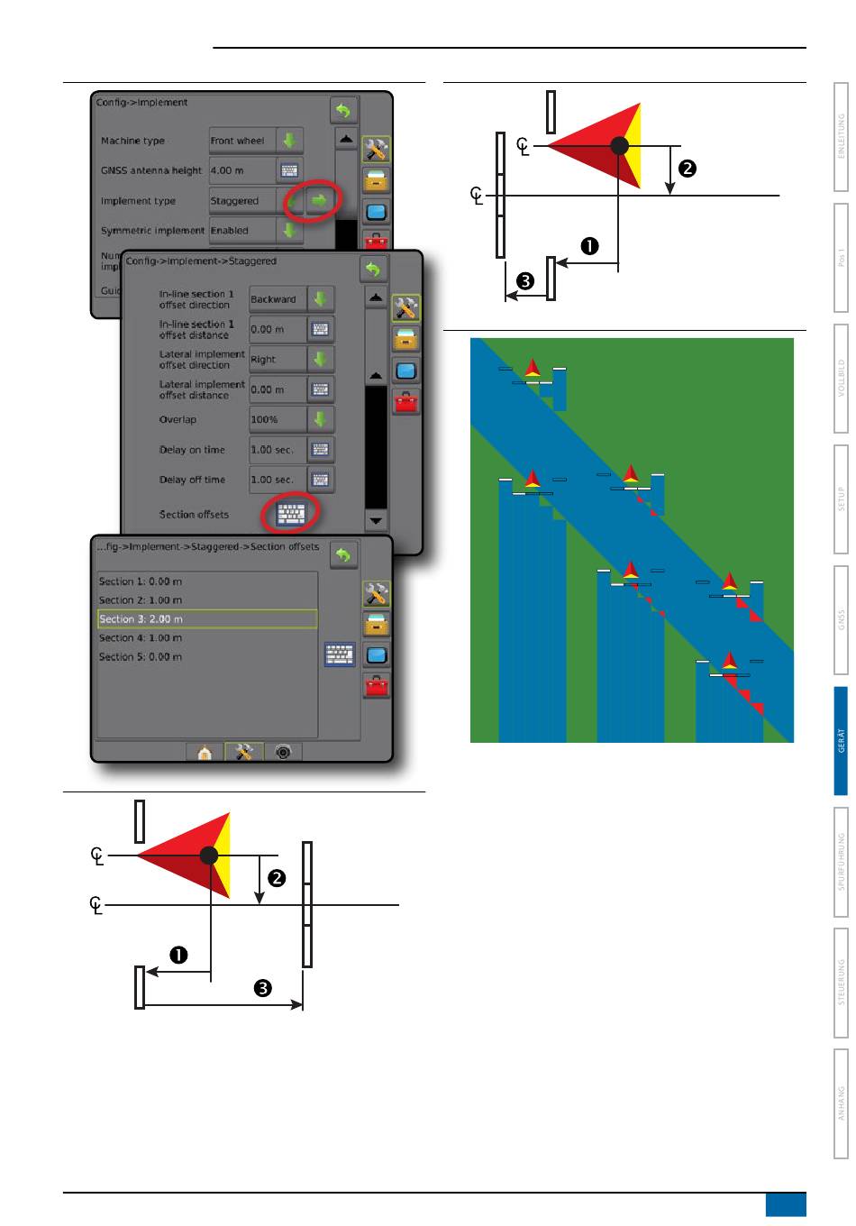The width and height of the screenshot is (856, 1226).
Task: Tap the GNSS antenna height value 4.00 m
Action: coord(240,170)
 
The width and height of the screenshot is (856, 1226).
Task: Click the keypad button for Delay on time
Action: coord(321,449)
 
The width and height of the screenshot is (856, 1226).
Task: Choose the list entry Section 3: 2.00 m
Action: coord(206,619)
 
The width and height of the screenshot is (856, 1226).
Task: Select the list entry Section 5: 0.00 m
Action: coord(206,657)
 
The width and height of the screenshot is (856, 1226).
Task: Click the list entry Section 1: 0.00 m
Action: coord(206,581)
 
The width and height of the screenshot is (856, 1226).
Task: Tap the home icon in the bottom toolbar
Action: coord(205,753)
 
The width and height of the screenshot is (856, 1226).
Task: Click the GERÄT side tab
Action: coord(841,741)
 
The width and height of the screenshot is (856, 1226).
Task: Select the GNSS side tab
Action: coord(841,620)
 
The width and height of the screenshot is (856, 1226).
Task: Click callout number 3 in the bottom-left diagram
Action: coord(262,989)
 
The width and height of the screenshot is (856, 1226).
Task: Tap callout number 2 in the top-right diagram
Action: coord(688,168)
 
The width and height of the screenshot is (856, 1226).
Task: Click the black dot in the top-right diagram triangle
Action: coord(619,145)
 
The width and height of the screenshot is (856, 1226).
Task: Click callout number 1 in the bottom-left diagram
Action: coord(179,956)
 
